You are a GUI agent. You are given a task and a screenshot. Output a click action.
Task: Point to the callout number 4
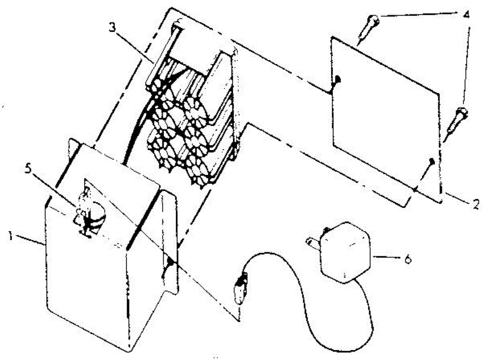[x=467, y=15]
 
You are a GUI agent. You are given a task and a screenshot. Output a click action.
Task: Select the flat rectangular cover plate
[x=385, y=118]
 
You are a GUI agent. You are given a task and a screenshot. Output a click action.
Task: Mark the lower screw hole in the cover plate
[x=432, y=162]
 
